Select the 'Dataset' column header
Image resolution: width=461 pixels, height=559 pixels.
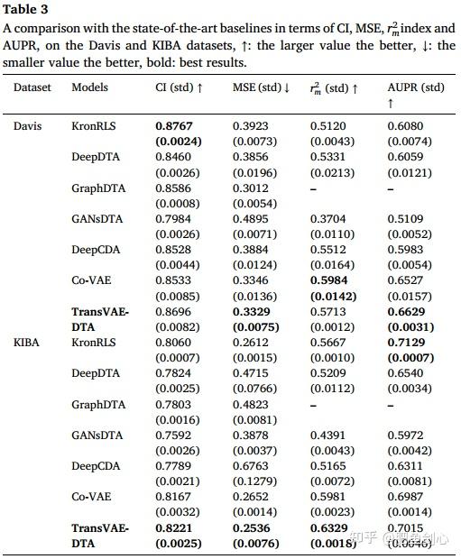32,88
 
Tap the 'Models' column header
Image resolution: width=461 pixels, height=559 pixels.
90,88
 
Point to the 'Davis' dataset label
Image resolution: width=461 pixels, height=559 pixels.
28,126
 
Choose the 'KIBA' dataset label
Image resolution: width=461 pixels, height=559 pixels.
27,344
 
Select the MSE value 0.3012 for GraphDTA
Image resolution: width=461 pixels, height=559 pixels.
251,188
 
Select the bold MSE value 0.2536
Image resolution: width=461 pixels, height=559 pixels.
251,528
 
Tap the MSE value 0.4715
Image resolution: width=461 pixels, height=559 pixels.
251,374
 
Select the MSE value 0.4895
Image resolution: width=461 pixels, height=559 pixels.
251,219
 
